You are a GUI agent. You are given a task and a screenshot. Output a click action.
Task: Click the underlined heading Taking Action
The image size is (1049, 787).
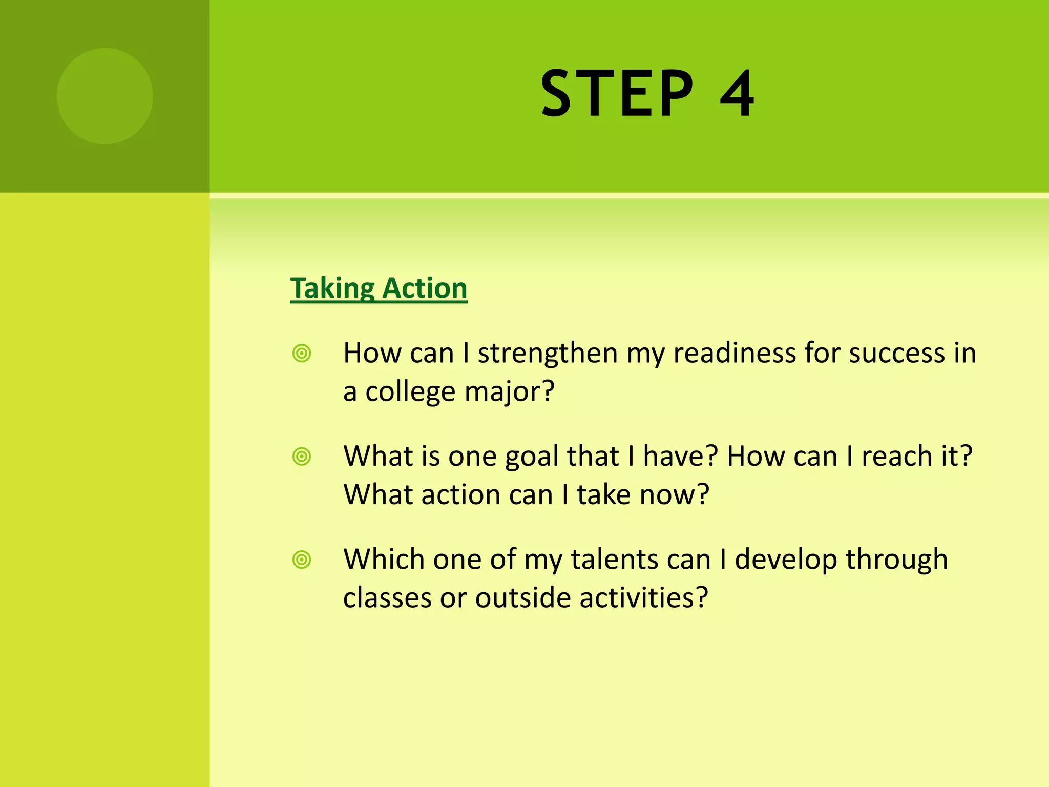click(x=379, y=288)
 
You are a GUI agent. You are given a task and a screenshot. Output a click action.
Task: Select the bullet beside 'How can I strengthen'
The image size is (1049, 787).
click(x=302, y=354)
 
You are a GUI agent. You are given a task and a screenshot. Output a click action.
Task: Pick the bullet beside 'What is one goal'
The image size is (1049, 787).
click(x=302, y=457)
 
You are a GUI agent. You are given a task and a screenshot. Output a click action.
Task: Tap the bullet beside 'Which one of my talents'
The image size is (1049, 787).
click(x=302, y=560)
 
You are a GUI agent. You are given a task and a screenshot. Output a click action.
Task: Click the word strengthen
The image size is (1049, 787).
click(x=548, y=354)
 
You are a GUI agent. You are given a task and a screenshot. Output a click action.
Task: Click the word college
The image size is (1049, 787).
click(x=410, y=392)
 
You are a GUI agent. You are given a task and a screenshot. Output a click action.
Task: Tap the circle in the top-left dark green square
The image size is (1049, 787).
click(x=105, y=96)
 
